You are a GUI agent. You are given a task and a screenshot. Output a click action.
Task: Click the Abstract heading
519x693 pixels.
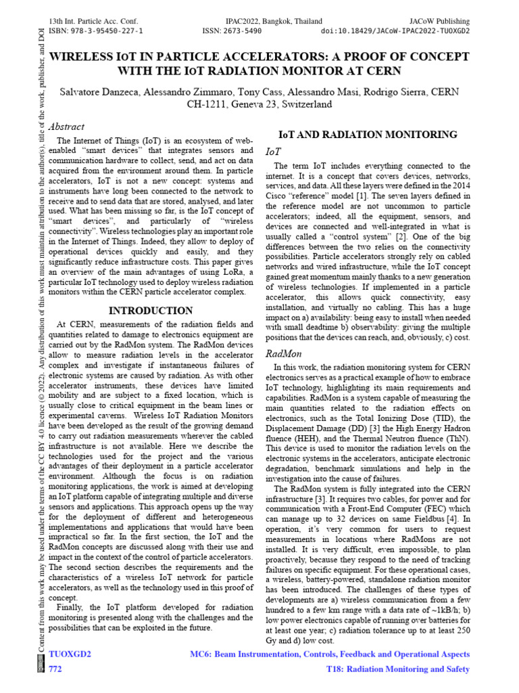coord(67,127)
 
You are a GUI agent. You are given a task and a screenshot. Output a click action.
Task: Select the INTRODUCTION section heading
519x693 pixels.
coord(151,311)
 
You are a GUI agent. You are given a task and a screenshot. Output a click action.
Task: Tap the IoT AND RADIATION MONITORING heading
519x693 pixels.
coord(368,134)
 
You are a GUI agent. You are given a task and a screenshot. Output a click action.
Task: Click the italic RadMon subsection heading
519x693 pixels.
coord(283,353)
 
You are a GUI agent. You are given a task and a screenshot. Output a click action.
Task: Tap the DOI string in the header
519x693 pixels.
coord(395,31)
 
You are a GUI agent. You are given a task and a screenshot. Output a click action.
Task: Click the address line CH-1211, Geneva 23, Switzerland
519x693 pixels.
coord(259,104)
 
